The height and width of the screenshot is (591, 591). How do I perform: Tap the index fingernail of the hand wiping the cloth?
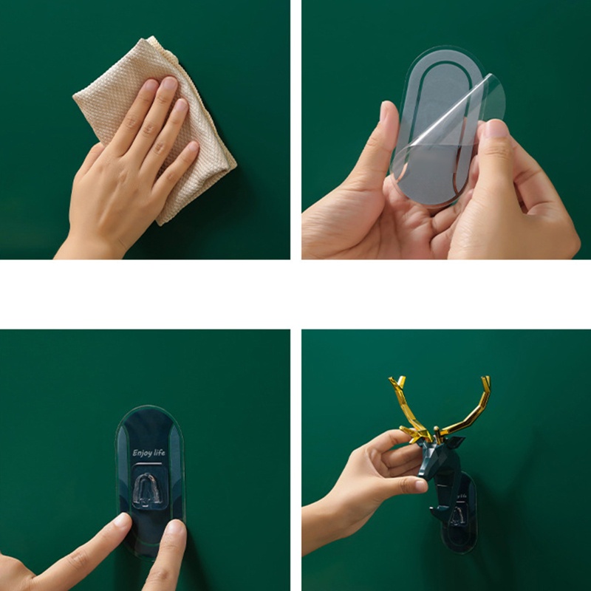point(152,87)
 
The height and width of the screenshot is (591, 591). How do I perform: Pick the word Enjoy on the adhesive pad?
point(141,453)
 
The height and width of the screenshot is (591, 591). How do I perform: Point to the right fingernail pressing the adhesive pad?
point(175,529)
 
